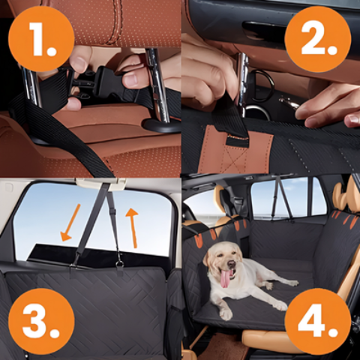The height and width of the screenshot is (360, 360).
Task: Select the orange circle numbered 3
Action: [x=40, y=321]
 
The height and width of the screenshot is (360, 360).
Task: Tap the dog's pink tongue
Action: [x=225, y=280]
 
